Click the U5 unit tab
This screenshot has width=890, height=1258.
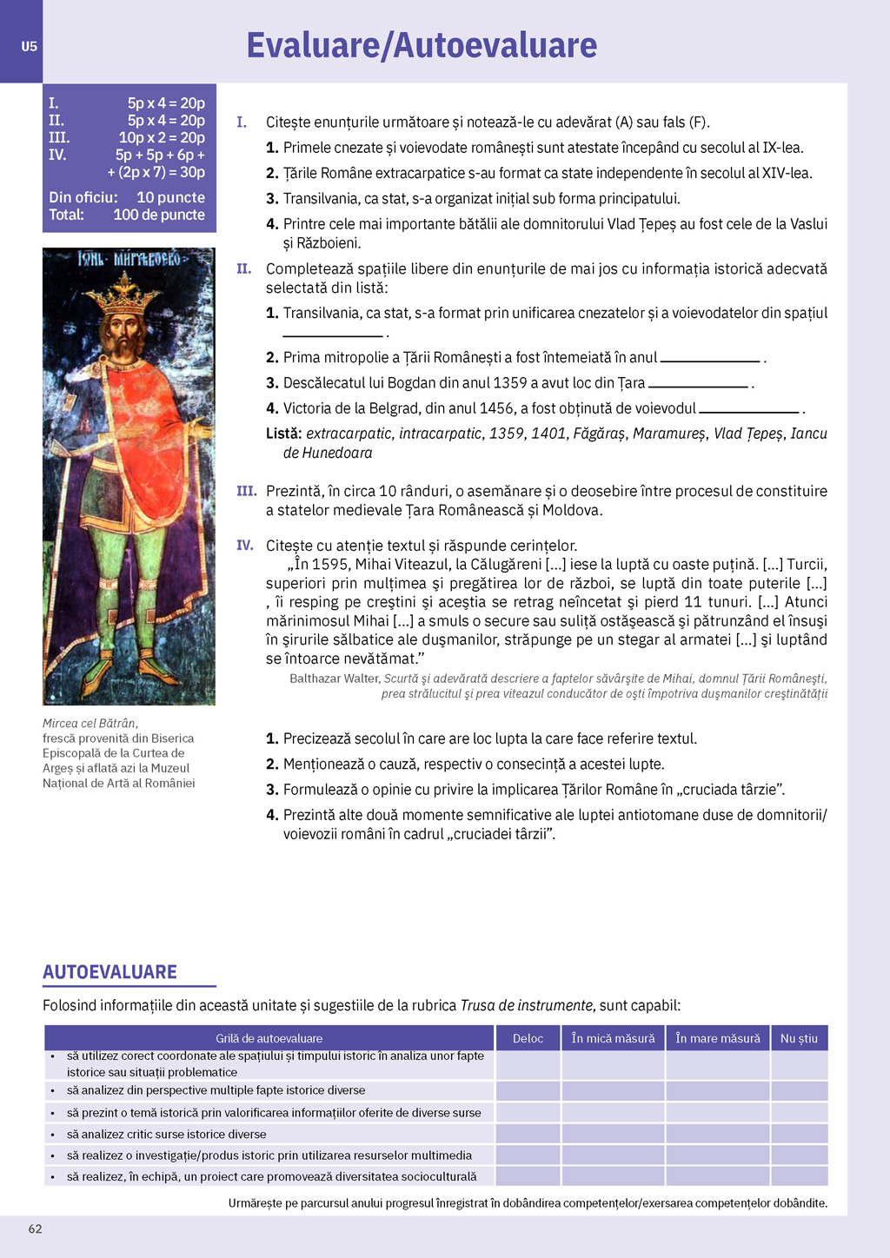coord(30,46)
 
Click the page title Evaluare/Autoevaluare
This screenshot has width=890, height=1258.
coord(422,45)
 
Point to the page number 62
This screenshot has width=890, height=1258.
coord(36,1228)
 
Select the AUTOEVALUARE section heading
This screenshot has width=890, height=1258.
coord(110,972)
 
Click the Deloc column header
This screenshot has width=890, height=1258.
coord(528,1038)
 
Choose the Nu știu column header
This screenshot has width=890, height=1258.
coord(799,1038)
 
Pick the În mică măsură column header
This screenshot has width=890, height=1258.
coord(613,1038)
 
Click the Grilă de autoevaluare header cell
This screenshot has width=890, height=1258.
coord(269,1038)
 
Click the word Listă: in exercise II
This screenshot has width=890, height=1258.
coord(284,434)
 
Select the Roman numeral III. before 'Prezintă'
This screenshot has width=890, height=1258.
coord(247,491)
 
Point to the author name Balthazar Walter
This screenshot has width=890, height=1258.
coord(335,679)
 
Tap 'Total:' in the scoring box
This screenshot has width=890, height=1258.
coord(66,215)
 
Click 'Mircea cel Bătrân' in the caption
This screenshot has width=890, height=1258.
coord(90,723)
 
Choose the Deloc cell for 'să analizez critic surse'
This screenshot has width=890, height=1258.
coord(528,1134)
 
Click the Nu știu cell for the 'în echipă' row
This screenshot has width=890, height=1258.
coord(799,1176)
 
